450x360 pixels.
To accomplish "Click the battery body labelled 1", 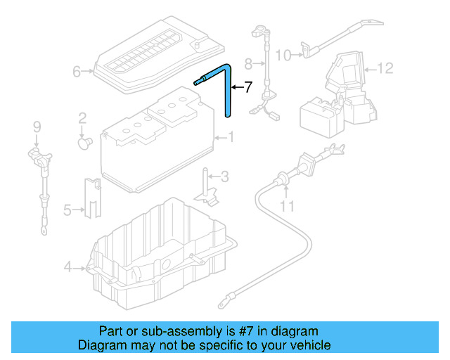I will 155,151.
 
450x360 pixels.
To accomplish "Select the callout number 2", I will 82,117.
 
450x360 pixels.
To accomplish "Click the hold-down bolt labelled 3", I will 207,184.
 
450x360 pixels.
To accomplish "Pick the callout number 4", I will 68,266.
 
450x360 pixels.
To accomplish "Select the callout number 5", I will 67,209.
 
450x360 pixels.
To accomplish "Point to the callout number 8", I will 248,63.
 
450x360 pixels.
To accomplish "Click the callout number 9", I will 37,127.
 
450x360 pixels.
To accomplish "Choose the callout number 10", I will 283,54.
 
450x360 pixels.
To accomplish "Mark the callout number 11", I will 286,206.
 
